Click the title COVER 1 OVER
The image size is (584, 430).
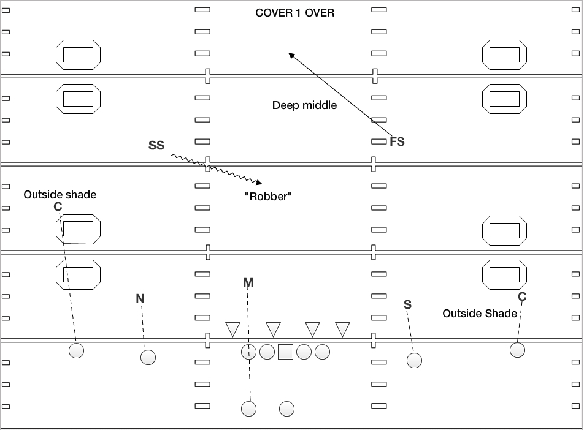[x=294, y=13]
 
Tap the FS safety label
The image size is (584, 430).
[x=397, y=141]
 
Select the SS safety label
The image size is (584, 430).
[x=156, y=145]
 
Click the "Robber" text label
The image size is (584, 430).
[x=267, y=197]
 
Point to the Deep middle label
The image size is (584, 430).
[x=304, y=105]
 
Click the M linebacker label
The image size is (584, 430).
[x=248, y=282]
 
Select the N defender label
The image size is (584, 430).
[x=140, y=298]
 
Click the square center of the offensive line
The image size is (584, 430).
[x=285, y=352]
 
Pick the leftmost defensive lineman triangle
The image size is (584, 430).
[x=232, y=328]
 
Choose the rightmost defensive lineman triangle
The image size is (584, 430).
[x=343, y=328]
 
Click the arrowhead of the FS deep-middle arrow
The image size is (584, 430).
[x=291, y=55]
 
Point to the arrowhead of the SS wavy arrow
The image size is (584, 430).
[x=260, y=182]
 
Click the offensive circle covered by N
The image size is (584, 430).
[x=148, y=357]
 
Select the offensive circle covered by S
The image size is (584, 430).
[x=414, y=360]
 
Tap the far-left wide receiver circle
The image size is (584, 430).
[x=76, y=350]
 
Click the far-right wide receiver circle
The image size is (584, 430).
[x=517, y=350]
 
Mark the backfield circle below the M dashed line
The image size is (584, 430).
[x=248, y=408]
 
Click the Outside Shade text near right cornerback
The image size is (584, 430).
[x=480, y=314]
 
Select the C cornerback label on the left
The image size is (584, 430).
[x=58, y=207]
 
